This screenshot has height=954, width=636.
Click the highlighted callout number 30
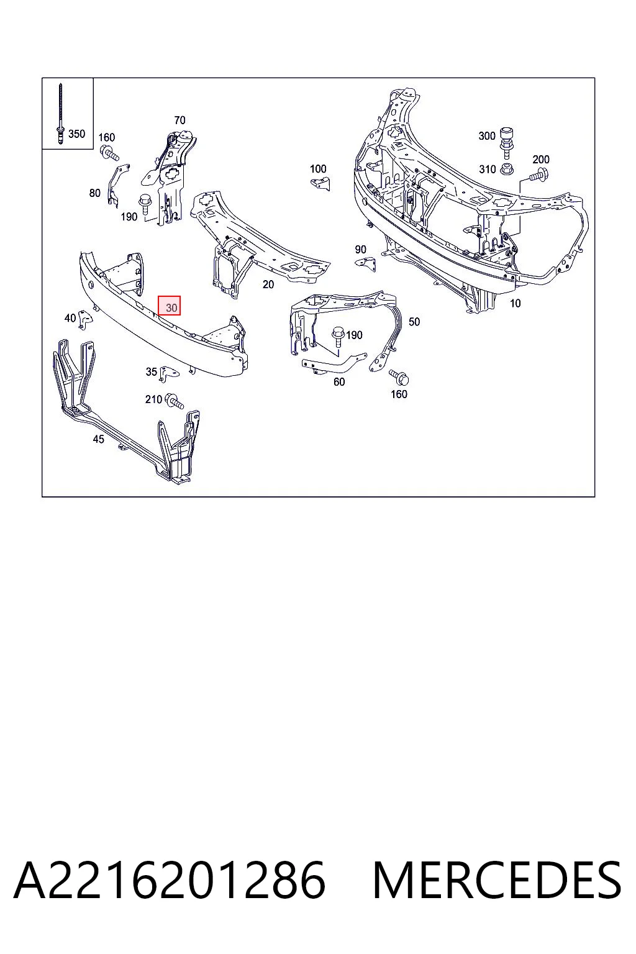click(170, 306)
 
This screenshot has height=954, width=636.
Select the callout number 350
click(76, 134)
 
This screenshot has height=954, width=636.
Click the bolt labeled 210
click(175, 401)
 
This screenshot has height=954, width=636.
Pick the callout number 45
click(98, 439)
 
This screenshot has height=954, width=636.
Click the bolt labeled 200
click(539, 175)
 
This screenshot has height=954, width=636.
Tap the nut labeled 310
click(506, 169)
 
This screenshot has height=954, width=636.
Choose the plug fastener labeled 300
click(506, 143)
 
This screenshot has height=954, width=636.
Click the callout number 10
click(515, 304)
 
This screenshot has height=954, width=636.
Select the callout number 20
click(268, 284)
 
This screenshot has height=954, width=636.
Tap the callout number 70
click(179, 120)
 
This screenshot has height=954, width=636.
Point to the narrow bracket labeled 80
click(116, 186)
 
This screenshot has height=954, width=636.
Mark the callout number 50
click(414, 322)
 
